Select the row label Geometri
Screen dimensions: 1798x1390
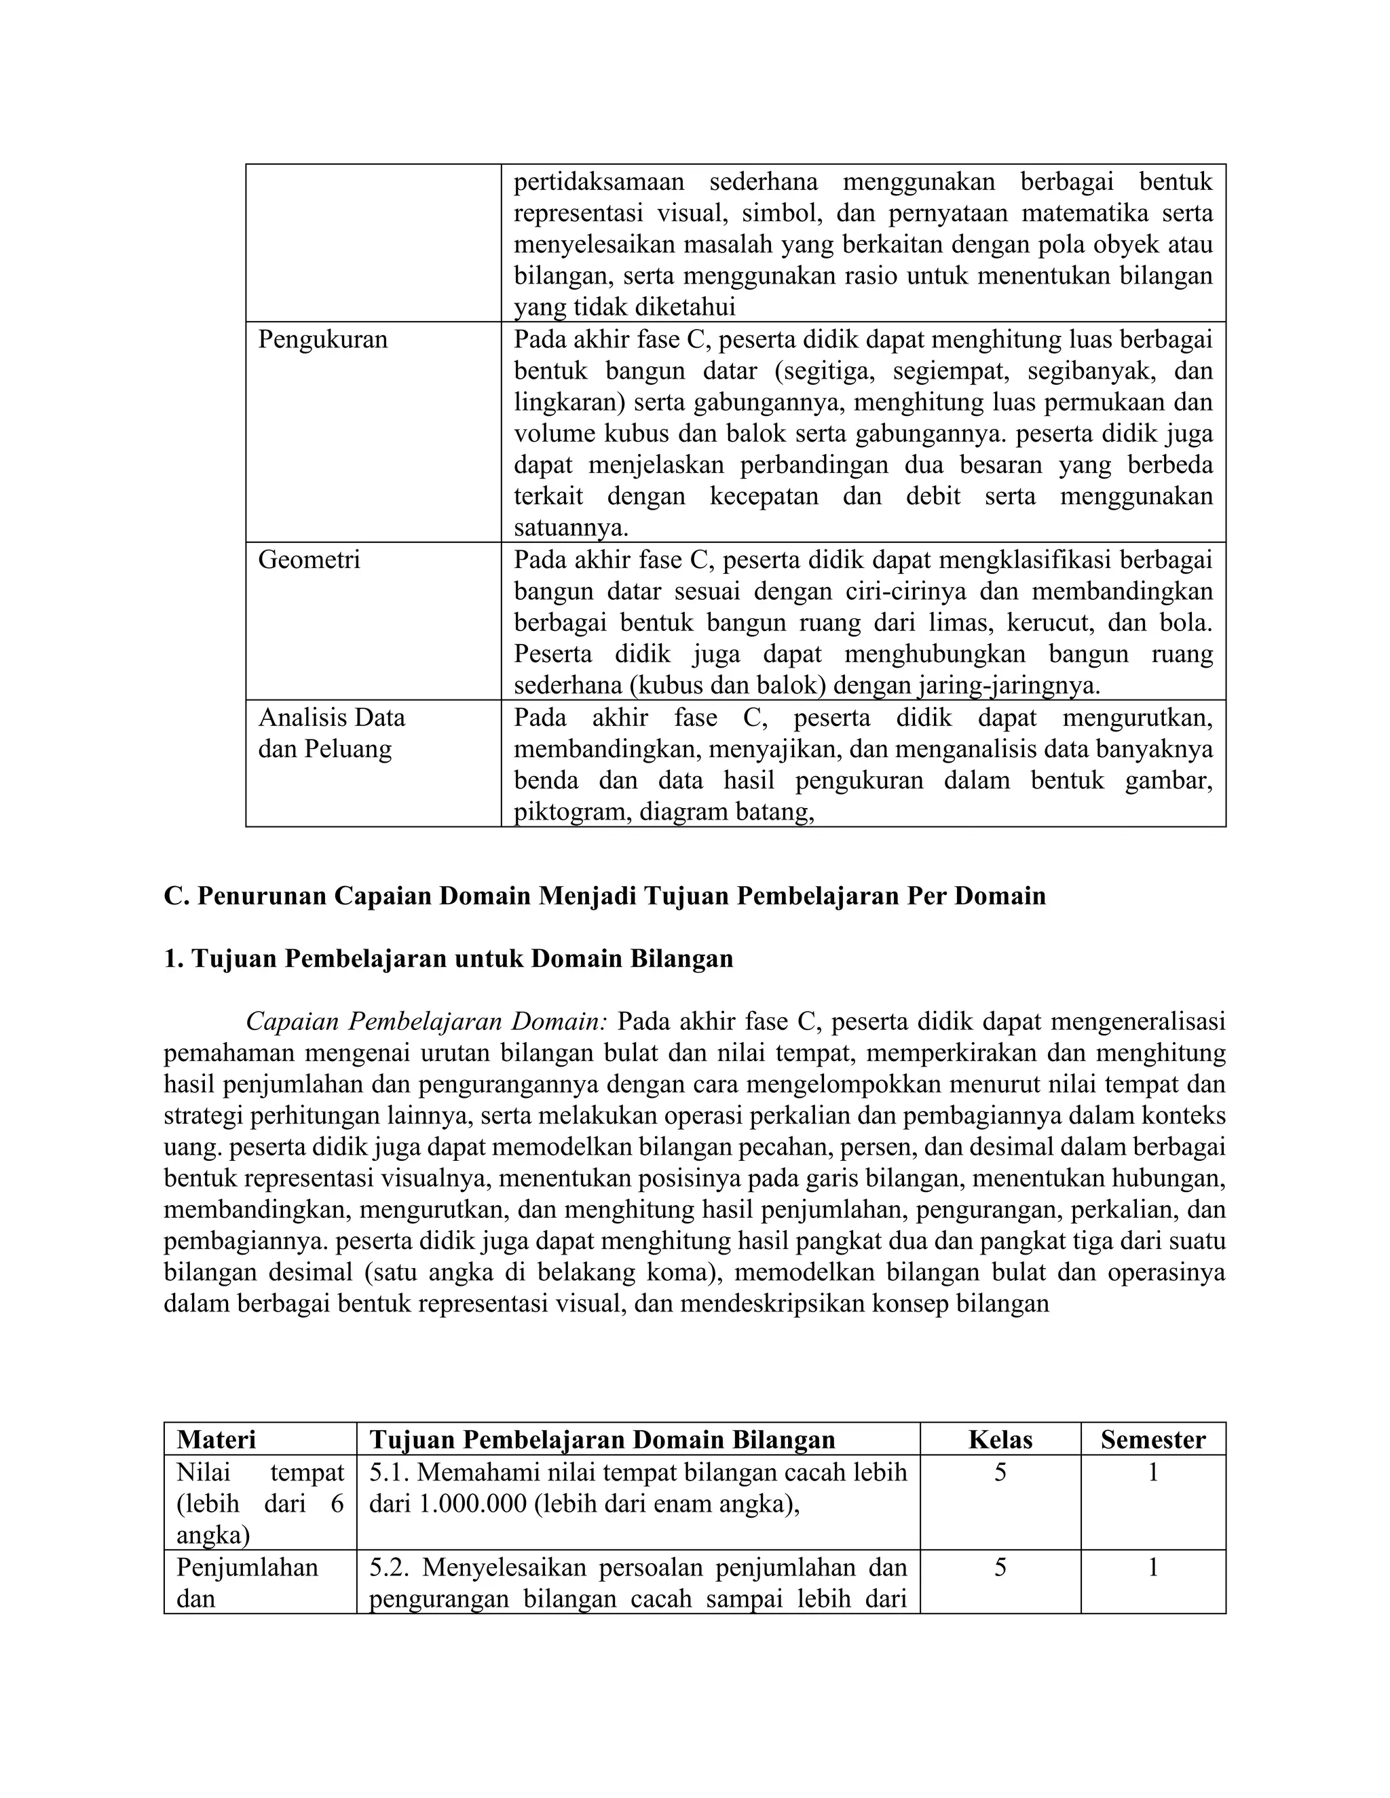[x=309, y=560]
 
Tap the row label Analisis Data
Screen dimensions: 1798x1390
[x=331, y=718]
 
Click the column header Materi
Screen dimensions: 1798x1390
[x=216, y=1439]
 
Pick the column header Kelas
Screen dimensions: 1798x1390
[x=1000, y=1439]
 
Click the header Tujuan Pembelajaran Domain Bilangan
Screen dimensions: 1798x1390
[x=602, y=1439]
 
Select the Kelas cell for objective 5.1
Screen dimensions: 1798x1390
[x=1000, y=1472]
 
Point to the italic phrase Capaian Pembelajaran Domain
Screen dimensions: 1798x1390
[x=426, y=1022]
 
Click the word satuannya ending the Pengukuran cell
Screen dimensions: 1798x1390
[x=571, y=528]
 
